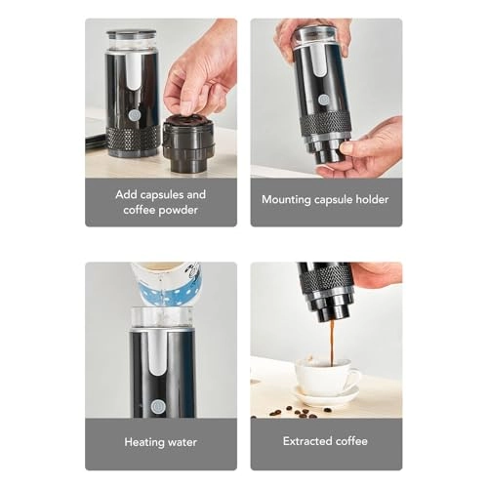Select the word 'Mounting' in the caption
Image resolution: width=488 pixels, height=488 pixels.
tap(286, 200)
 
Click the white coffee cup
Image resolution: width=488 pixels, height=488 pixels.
tap(327, 376)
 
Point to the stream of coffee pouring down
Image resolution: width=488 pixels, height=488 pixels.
tap(330, 341)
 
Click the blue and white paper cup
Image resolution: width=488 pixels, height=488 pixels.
tap(165, 283)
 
